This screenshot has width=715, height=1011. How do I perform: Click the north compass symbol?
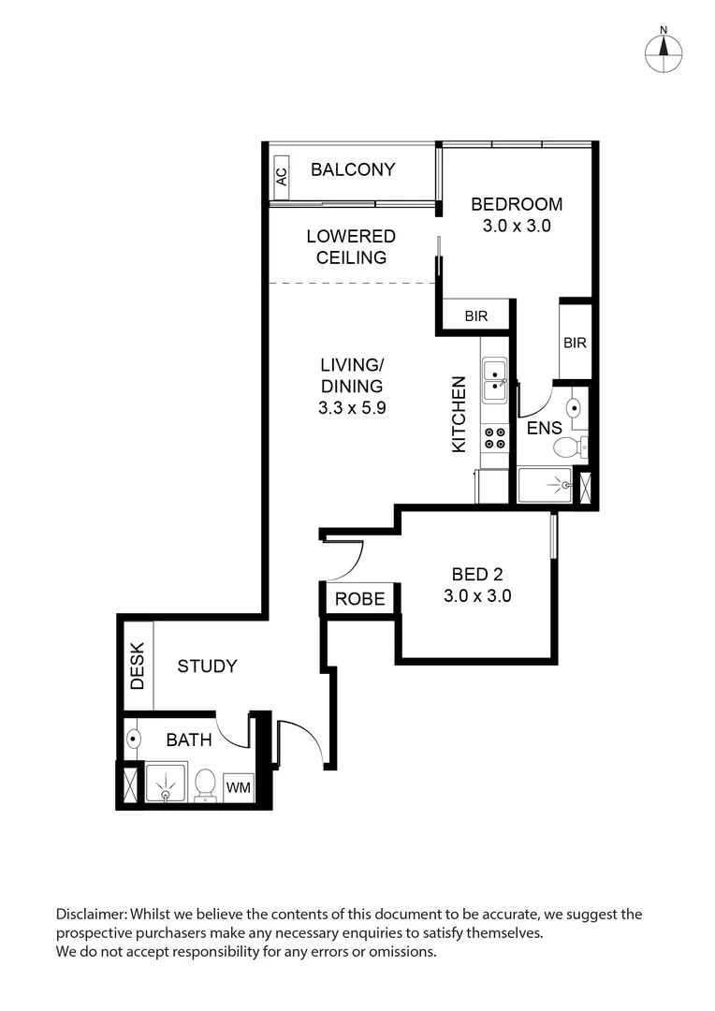click(x=663, y=52)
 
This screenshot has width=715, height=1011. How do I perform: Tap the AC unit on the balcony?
click(x=280, y=173)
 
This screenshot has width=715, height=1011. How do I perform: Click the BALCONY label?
click(x=353, y=169)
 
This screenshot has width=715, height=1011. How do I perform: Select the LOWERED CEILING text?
click(x=351, y=247)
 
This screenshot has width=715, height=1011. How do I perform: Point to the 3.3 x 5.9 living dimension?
click(x=351, y=407)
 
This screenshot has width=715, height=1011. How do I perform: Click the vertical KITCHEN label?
click(x=459, y=415)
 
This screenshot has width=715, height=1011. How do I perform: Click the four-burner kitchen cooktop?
click(x=493, y=438)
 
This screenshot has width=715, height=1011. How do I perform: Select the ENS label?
click(x=544, y=428)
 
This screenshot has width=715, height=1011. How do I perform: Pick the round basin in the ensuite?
click(x=575, y=407)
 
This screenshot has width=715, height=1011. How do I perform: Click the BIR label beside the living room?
click(x=476, y=316)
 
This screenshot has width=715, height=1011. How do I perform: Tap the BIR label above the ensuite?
click(x=575, y=344)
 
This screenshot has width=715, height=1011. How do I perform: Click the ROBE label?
click(x=360, y=599)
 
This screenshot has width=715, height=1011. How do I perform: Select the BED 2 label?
click(x=476, y=575)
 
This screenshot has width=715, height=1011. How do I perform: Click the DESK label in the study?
click(x=138, y=665)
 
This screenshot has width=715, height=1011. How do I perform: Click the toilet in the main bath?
click(x=205, y=784)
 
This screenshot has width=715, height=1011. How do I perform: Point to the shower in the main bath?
click(x=166, y=784)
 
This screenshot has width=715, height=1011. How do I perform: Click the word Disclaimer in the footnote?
click(x=91, y=915)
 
